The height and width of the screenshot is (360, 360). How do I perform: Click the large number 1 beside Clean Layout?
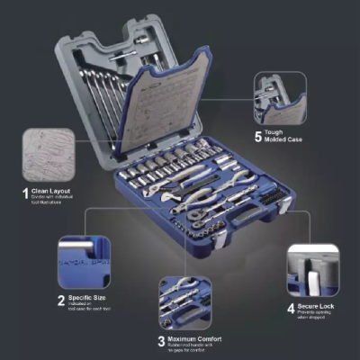[24, 192]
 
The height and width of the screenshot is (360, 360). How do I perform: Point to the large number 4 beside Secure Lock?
[291, 307]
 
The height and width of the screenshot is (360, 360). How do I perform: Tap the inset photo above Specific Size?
[86, 262]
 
